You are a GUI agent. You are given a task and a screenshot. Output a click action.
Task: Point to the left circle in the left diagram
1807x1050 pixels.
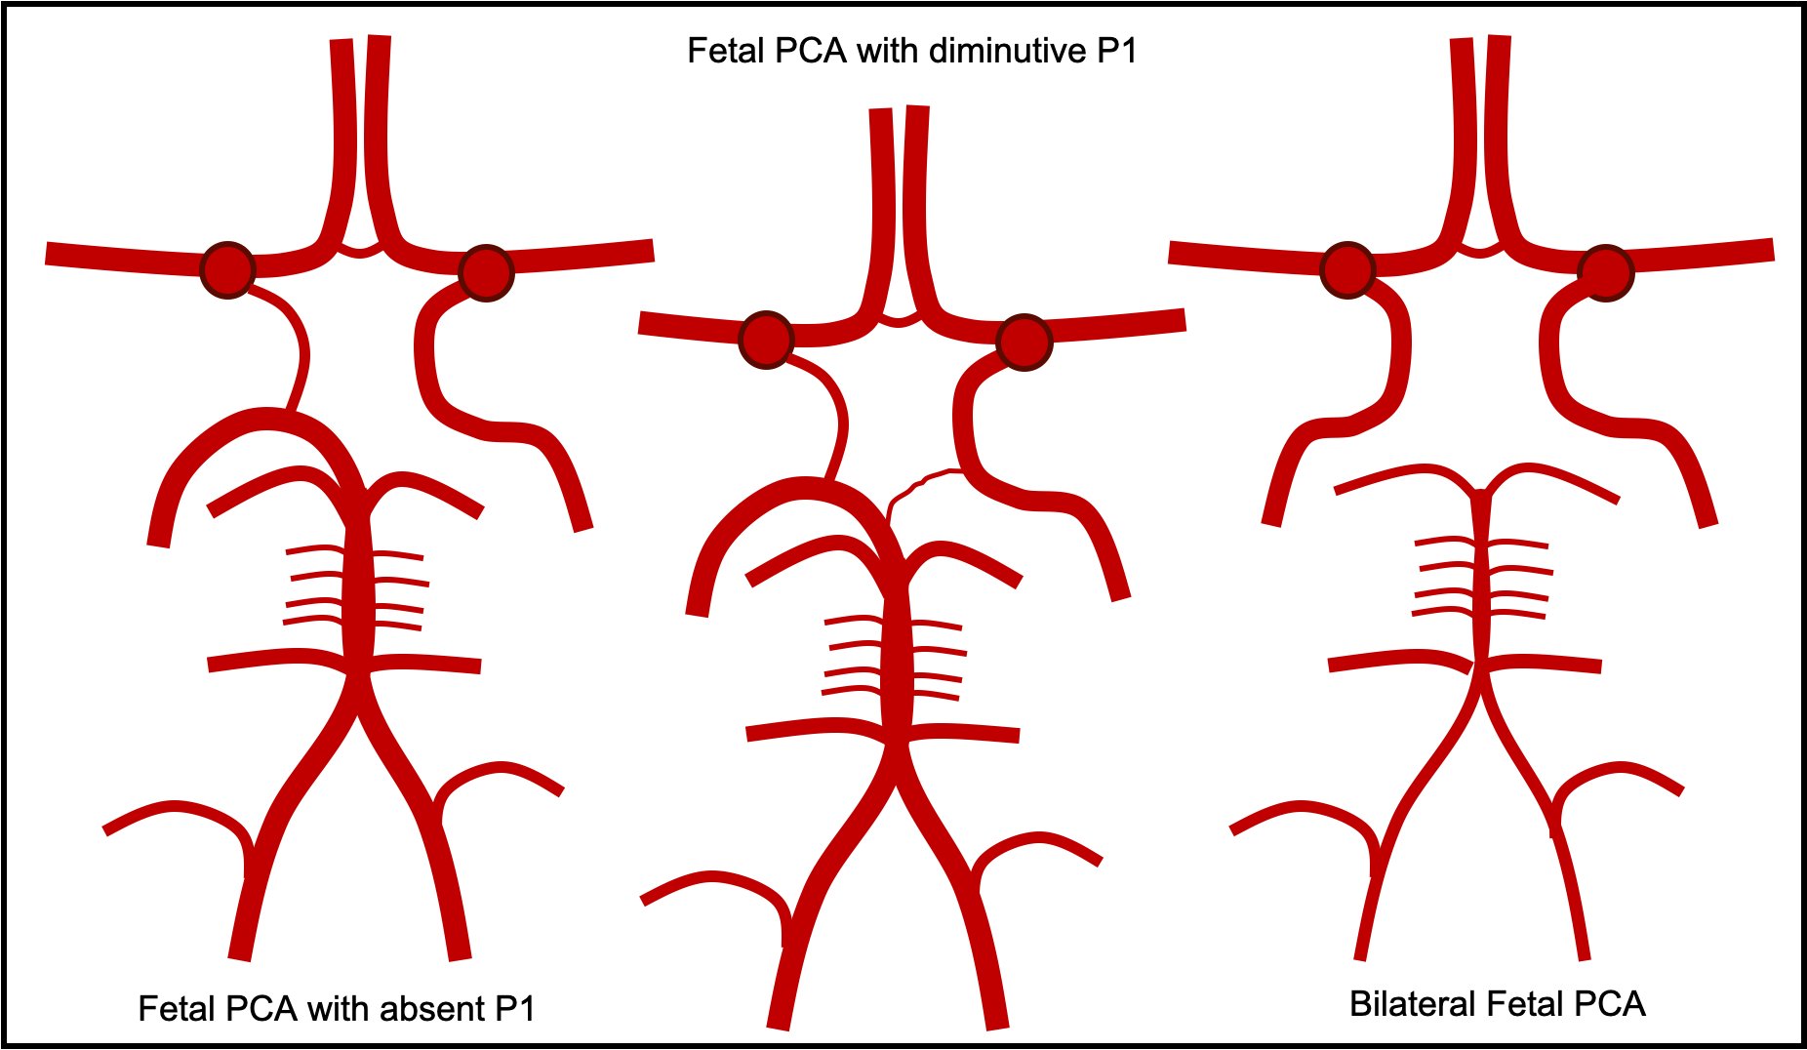(227, 269)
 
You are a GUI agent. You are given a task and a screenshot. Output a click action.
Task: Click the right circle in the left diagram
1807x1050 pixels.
(486, 272)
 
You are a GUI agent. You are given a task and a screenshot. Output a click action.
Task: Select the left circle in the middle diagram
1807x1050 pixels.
(766, 340)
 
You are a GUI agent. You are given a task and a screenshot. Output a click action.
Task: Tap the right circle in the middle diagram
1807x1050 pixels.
(1024, 343)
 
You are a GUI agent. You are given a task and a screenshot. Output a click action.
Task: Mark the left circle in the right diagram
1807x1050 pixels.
(1347, 269)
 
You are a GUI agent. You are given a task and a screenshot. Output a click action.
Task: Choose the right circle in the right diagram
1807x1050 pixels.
(1605, 272)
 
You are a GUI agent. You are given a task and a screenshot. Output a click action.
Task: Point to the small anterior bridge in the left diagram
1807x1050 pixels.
(359, 251)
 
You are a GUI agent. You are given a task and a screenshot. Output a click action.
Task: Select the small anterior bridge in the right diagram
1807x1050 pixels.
(1479, 251)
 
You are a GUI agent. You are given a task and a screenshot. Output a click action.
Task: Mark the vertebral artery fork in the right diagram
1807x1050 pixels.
(1481, 683)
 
